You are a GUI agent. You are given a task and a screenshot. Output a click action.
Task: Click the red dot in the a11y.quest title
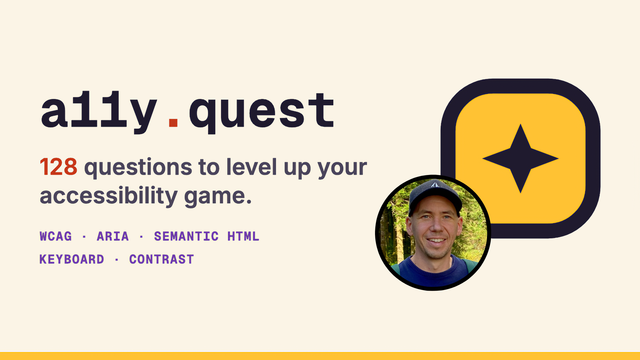click(173, 122)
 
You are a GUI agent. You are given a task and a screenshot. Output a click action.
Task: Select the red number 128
click(58, 167)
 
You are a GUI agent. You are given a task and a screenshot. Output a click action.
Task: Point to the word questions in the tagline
click(138, 168)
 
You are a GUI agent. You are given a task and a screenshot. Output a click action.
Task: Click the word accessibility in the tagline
click(109, 196)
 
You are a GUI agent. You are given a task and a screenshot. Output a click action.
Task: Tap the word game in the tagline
click(218, 198)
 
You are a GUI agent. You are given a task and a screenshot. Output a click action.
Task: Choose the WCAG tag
click(56, 236)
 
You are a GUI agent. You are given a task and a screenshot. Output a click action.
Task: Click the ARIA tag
click(113, 236)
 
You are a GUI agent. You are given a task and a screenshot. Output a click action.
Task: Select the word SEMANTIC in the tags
click(186, 236)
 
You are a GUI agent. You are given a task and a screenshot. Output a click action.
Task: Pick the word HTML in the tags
click(243, 236)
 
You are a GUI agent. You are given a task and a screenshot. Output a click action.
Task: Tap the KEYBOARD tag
click(72, 259)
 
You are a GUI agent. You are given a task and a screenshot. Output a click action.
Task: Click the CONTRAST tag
click(162, 259)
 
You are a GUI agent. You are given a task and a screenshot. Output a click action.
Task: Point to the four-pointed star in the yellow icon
click(520, 158)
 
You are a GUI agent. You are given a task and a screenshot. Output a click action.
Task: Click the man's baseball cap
click(435, 194)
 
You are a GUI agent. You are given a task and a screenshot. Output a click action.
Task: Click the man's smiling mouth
click(436, 241)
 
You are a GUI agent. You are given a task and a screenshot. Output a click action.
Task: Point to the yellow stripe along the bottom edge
click(320, 356)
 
